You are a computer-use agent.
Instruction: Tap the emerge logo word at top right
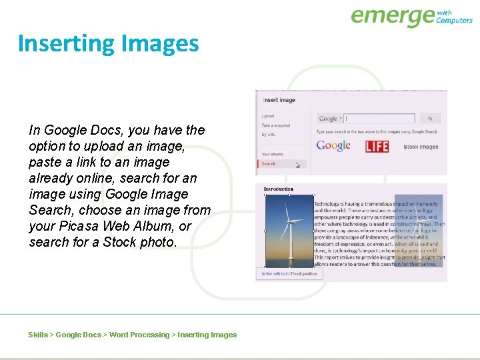coord(392,16)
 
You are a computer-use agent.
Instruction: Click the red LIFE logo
coord(377,146)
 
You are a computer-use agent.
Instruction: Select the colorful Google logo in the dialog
coord(333,145)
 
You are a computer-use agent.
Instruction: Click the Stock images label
coord(421,147)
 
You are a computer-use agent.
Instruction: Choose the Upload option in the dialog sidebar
coord(267,116)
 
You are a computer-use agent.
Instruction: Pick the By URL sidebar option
coord(268,135)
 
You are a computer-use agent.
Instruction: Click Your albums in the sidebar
coord(272,154)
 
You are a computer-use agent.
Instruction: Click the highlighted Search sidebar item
coord(269,163)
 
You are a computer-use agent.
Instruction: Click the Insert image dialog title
coord(279,100)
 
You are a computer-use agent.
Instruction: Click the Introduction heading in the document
coord(278,189)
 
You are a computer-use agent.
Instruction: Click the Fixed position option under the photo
coord(304,274)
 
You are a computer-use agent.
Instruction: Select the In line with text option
coord(274,274)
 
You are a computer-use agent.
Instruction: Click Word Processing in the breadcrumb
coord(139,335)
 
